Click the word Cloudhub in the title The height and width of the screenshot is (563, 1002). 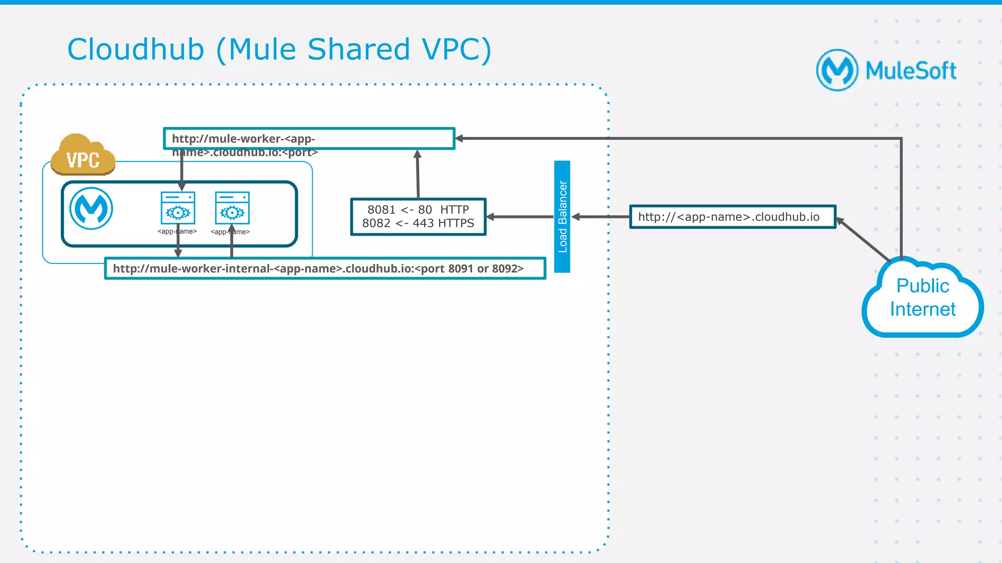coord(136,49)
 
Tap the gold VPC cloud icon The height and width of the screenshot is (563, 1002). coord(83,155)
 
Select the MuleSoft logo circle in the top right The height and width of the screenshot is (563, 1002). coord(837,70)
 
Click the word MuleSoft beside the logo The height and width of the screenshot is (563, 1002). coord(911,71)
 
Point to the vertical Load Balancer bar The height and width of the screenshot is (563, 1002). coord(562,217)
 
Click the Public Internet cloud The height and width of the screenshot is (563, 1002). coord(922,298)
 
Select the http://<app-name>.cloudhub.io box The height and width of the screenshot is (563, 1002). coord(732,217)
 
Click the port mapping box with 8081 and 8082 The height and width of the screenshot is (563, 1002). coord(418,217)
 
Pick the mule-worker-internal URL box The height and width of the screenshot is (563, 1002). coord(325,268)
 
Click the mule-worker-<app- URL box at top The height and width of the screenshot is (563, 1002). coord(309,138)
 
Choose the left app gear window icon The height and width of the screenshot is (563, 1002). coord(178,208)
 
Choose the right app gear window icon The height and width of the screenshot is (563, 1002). coord(232,208)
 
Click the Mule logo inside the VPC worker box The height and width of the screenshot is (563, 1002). coord(91,208)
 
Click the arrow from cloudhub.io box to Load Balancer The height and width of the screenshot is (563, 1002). coord(600,217)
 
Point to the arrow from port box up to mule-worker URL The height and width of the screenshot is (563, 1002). coord(418,174)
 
